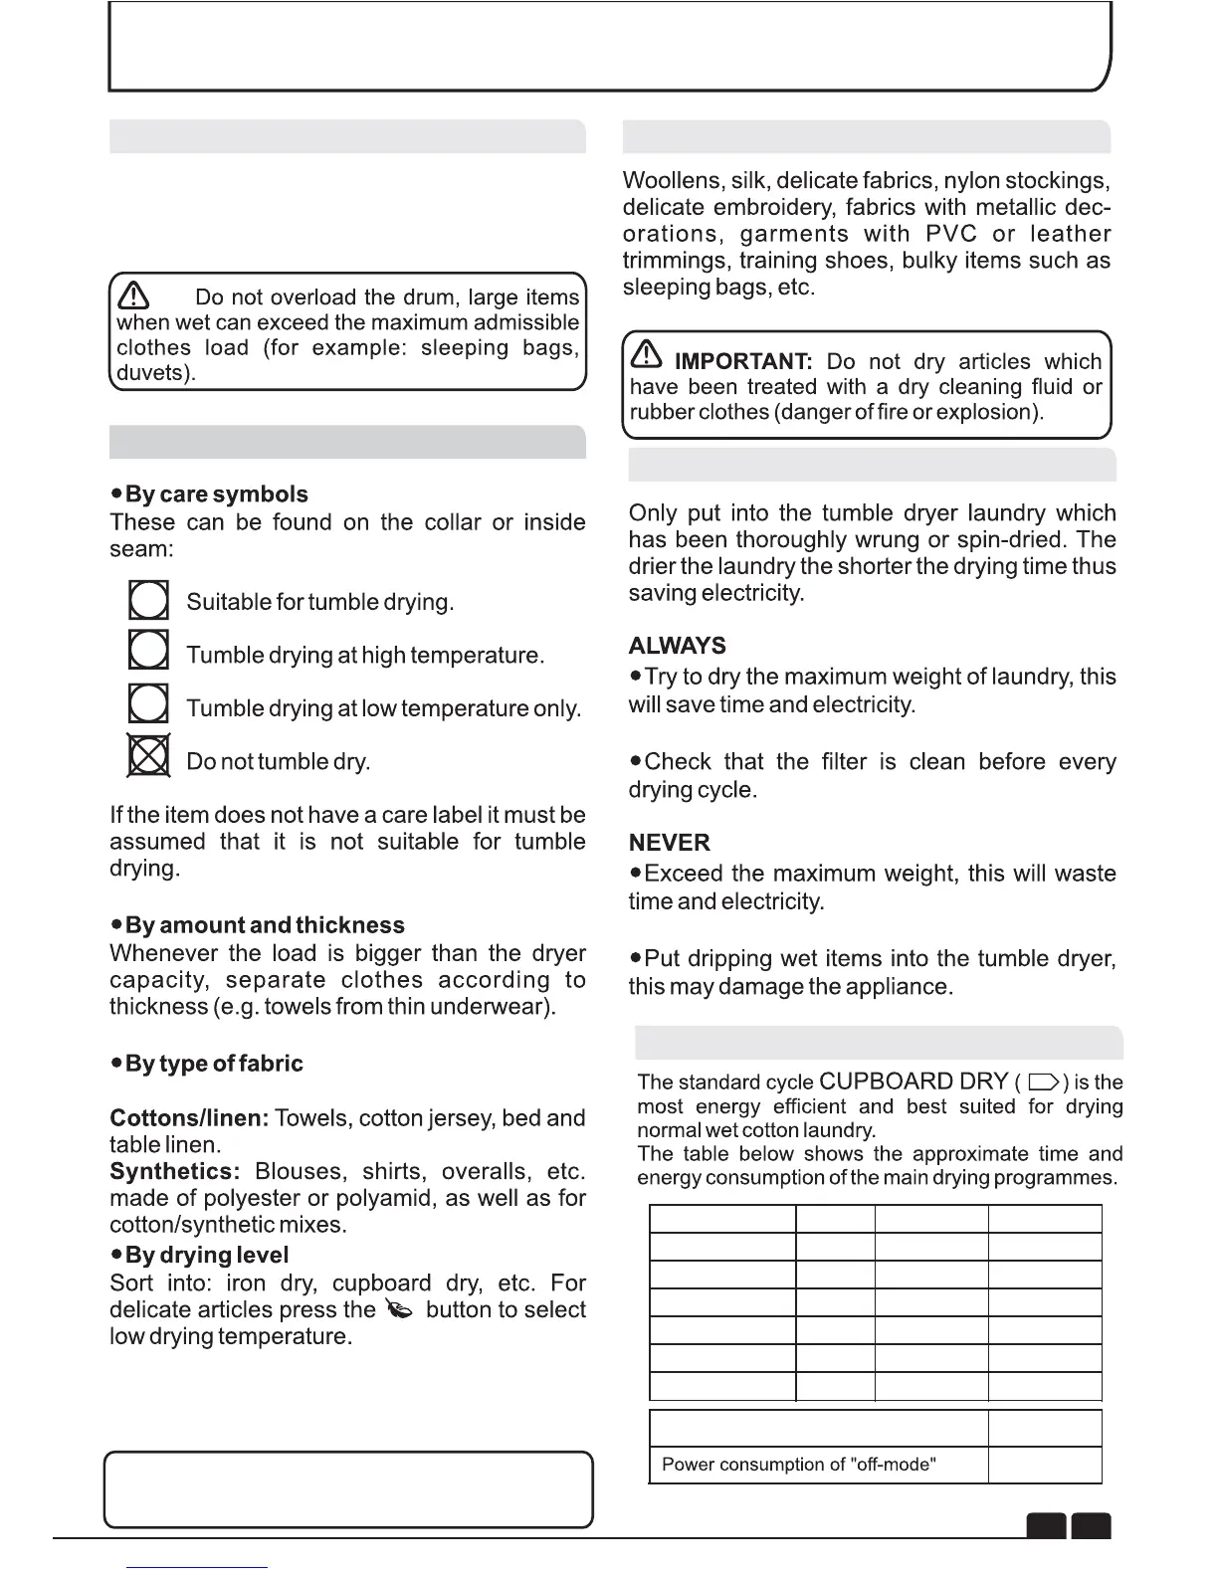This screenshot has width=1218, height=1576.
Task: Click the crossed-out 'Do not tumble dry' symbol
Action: (x=149, y=756)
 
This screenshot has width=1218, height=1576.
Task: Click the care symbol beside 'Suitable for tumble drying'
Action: (x=148, y=601)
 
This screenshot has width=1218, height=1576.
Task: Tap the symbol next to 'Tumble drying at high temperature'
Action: (x=148, y=650)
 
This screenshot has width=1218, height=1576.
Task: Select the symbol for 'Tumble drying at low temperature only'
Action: (x=148, y=703)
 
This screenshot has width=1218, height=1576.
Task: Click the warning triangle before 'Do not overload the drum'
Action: (x=133, y=295)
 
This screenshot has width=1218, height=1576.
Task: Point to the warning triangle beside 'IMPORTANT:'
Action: (x=646, y=355)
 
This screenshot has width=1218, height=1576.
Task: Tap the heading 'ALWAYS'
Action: (x=678, y=646)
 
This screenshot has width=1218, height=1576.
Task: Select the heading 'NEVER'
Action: (x=670, y=843)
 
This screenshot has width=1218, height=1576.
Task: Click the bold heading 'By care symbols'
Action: (x=216, y=494)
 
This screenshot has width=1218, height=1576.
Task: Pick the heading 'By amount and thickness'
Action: (x=264, y=925)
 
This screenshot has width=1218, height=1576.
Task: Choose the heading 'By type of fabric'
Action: (x=214, y=1064)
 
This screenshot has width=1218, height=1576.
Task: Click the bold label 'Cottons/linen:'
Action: (x=189, y=1118)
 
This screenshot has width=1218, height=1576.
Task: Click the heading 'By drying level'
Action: (x=206, y=1256)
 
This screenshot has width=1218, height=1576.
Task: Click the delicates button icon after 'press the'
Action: (x=399, y=1311)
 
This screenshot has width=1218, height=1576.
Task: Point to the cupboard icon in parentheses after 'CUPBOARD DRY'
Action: (x=1043, y=1083)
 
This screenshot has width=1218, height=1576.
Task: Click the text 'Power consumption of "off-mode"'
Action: (x=799, y=1465)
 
